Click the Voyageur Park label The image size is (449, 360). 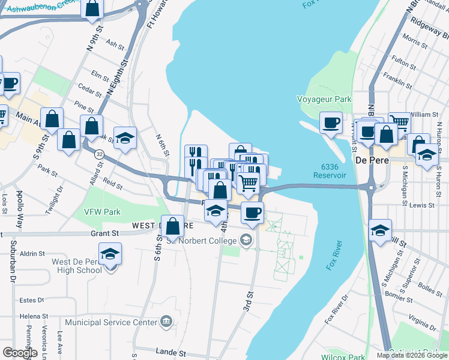click(324, 98)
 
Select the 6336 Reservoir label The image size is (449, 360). click(330, 171)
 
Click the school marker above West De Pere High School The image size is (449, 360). click(110, 254)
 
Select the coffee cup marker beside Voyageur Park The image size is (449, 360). click(330, 122)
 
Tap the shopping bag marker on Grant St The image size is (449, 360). click(173, 226)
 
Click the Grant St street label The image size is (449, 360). click(106, 233)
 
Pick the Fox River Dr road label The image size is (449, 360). click(337, 310)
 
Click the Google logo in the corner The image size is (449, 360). click(20, 352)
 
